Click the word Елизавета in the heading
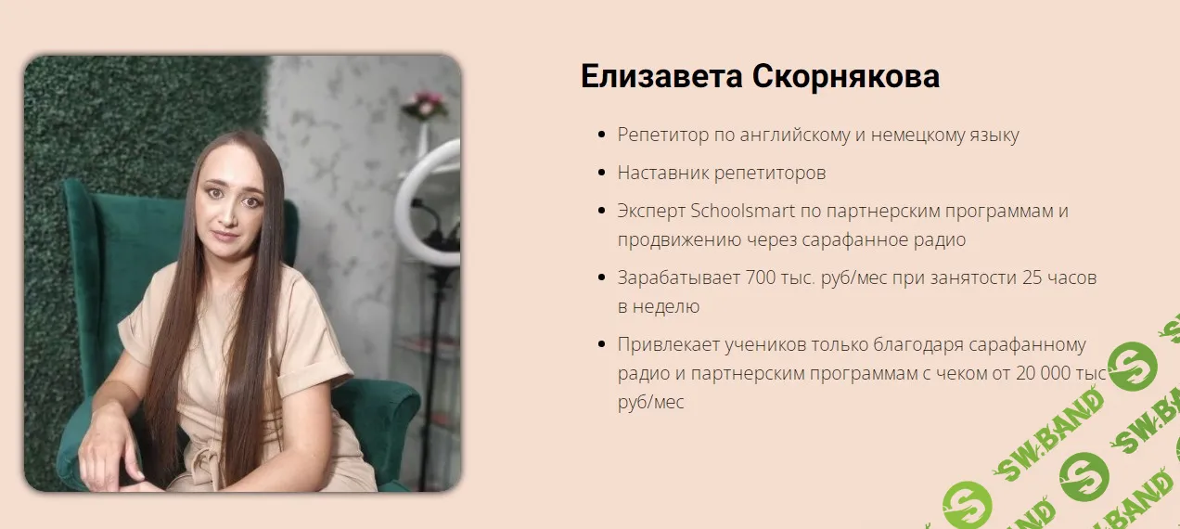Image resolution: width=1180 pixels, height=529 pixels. tap(661, 76)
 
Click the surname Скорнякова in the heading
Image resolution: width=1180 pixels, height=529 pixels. tap(846, 76)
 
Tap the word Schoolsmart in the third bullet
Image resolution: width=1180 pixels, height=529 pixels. tap(742, 211)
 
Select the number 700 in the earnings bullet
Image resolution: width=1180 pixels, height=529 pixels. tap(760, 277)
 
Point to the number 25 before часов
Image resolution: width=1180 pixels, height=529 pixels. tap(1032, 277)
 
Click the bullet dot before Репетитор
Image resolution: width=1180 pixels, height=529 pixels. tap(602, 135)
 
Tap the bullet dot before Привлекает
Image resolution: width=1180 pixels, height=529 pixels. tap(602, 344)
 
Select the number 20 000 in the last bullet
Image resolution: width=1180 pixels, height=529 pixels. tap(1050, 373)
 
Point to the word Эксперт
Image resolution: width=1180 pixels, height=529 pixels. tap(651, 211)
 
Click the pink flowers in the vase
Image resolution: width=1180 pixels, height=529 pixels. tap(425, 104)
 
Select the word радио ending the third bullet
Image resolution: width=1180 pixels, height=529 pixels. tap(940, 239)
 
